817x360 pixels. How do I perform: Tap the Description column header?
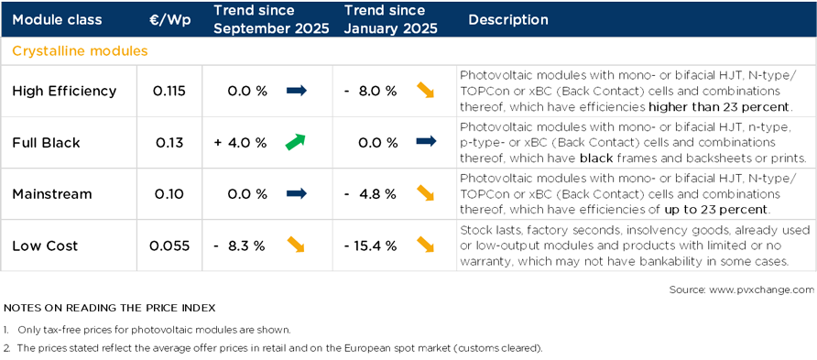coord(508,19)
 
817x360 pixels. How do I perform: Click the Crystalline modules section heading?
coord(80,51)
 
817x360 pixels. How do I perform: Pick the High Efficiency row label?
coord(64,91)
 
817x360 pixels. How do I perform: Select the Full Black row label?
coord(46,143)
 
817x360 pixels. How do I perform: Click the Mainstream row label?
coord(51,194)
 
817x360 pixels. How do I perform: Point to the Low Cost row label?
coord(45,245)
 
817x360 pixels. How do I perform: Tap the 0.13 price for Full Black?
coord(169,143)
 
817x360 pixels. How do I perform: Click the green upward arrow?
coord(295,142)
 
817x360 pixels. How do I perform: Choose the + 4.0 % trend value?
coord(240,143)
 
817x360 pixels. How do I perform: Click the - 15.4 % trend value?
coord(370,245)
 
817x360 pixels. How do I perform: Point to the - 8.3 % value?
coord(240,245)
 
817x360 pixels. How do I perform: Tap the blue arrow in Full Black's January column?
coord(426,142)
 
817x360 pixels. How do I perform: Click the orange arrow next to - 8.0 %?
coord(426,91)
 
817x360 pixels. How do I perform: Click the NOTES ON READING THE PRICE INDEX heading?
coord(110,307)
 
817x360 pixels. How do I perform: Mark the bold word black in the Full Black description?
coord(597,158)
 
